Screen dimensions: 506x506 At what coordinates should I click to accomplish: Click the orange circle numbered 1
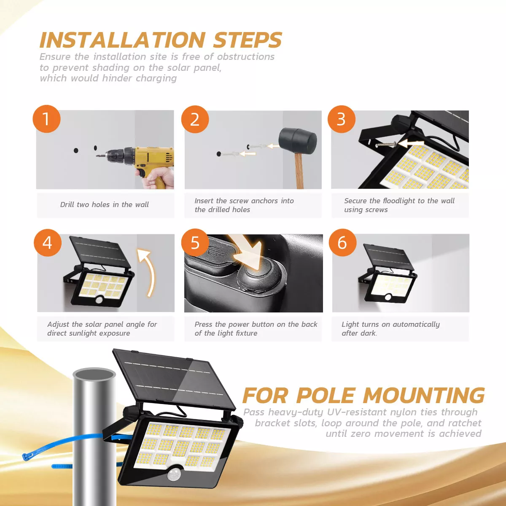(x=46, y=119)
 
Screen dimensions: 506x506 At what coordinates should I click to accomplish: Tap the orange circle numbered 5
(x=195, y=243)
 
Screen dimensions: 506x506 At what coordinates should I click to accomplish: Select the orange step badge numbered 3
(x=341, y=119)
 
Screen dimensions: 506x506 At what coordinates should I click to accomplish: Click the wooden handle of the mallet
(x=299, y=171)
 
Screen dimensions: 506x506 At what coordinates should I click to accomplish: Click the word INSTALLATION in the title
(x=122, y=40)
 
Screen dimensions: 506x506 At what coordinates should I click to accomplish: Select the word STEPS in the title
(x=248, y=40)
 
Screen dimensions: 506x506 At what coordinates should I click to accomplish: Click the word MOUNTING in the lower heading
(x=424, y=396)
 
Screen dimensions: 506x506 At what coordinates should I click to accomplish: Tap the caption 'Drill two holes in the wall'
(x=104, y=205)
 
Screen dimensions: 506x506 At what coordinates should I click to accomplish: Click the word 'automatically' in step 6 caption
(x=416, y=324)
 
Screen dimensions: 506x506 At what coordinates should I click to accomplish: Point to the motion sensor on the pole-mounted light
(x=173, y=475)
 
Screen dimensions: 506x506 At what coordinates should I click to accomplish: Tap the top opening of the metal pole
(x=94, y=374)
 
